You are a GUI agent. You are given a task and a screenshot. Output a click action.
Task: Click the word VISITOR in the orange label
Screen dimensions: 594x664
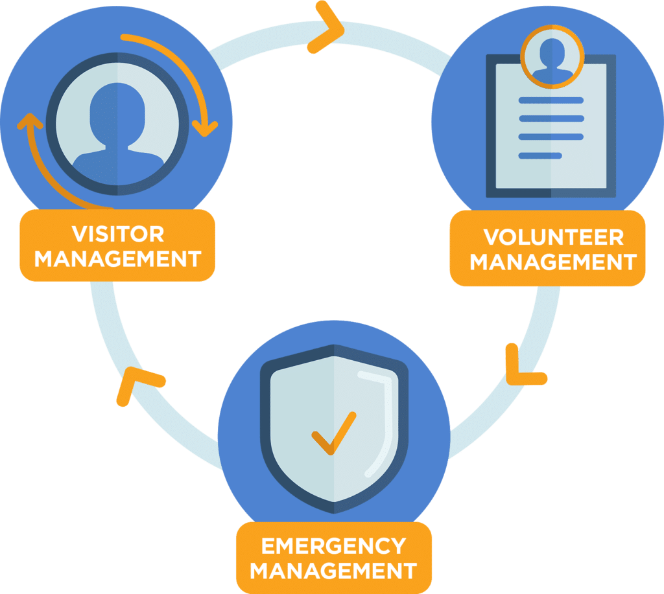coord(117,233)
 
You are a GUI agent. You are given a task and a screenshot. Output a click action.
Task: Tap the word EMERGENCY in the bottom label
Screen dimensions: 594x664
coord(333,545)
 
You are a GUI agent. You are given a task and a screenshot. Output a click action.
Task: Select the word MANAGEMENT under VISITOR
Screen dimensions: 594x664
coord(117,258)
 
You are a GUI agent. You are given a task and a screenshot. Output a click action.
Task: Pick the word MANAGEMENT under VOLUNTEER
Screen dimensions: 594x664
coord(553,262)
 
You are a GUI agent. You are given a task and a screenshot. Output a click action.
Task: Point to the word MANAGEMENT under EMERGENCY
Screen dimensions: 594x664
coord(333,571)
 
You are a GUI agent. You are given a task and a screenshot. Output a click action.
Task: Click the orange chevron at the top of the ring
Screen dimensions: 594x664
coord(326,29)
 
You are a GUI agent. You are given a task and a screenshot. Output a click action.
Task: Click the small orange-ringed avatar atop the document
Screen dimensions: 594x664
coord(552,57)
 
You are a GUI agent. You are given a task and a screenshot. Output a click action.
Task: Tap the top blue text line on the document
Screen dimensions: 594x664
coord(551,100)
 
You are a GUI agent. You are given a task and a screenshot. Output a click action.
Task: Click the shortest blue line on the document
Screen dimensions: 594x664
coord(540,155)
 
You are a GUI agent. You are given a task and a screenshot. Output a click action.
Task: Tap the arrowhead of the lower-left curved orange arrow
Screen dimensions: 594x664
coord(27,121)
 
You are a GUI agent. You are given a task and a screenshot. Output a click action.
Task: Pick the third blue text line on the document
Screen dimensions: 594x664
coord(551,137)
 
